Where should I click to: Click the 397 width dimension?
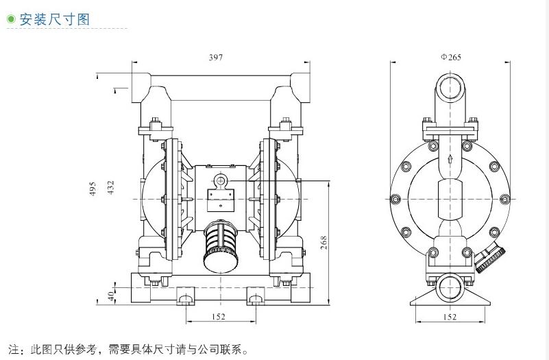[x=216, y=58]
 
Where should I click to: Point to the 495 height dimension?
[x=93, y=189]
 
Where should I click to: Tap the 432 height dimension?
[x=110, y=189]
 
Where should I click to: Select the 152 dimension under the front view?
[x=218, y=317]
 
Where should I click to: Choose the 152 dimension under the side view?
[x=450, y=317]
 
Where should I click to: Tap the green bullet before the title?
[x=10, y=20]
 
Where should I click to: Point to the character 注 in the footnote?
[x=12, y=349]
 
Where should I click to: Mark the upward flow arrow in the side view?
[x=450, y=158]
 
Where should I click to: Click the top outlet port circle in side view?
[x=450, y=87]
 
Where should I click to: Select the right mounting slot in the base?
[x=256, y=298]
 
